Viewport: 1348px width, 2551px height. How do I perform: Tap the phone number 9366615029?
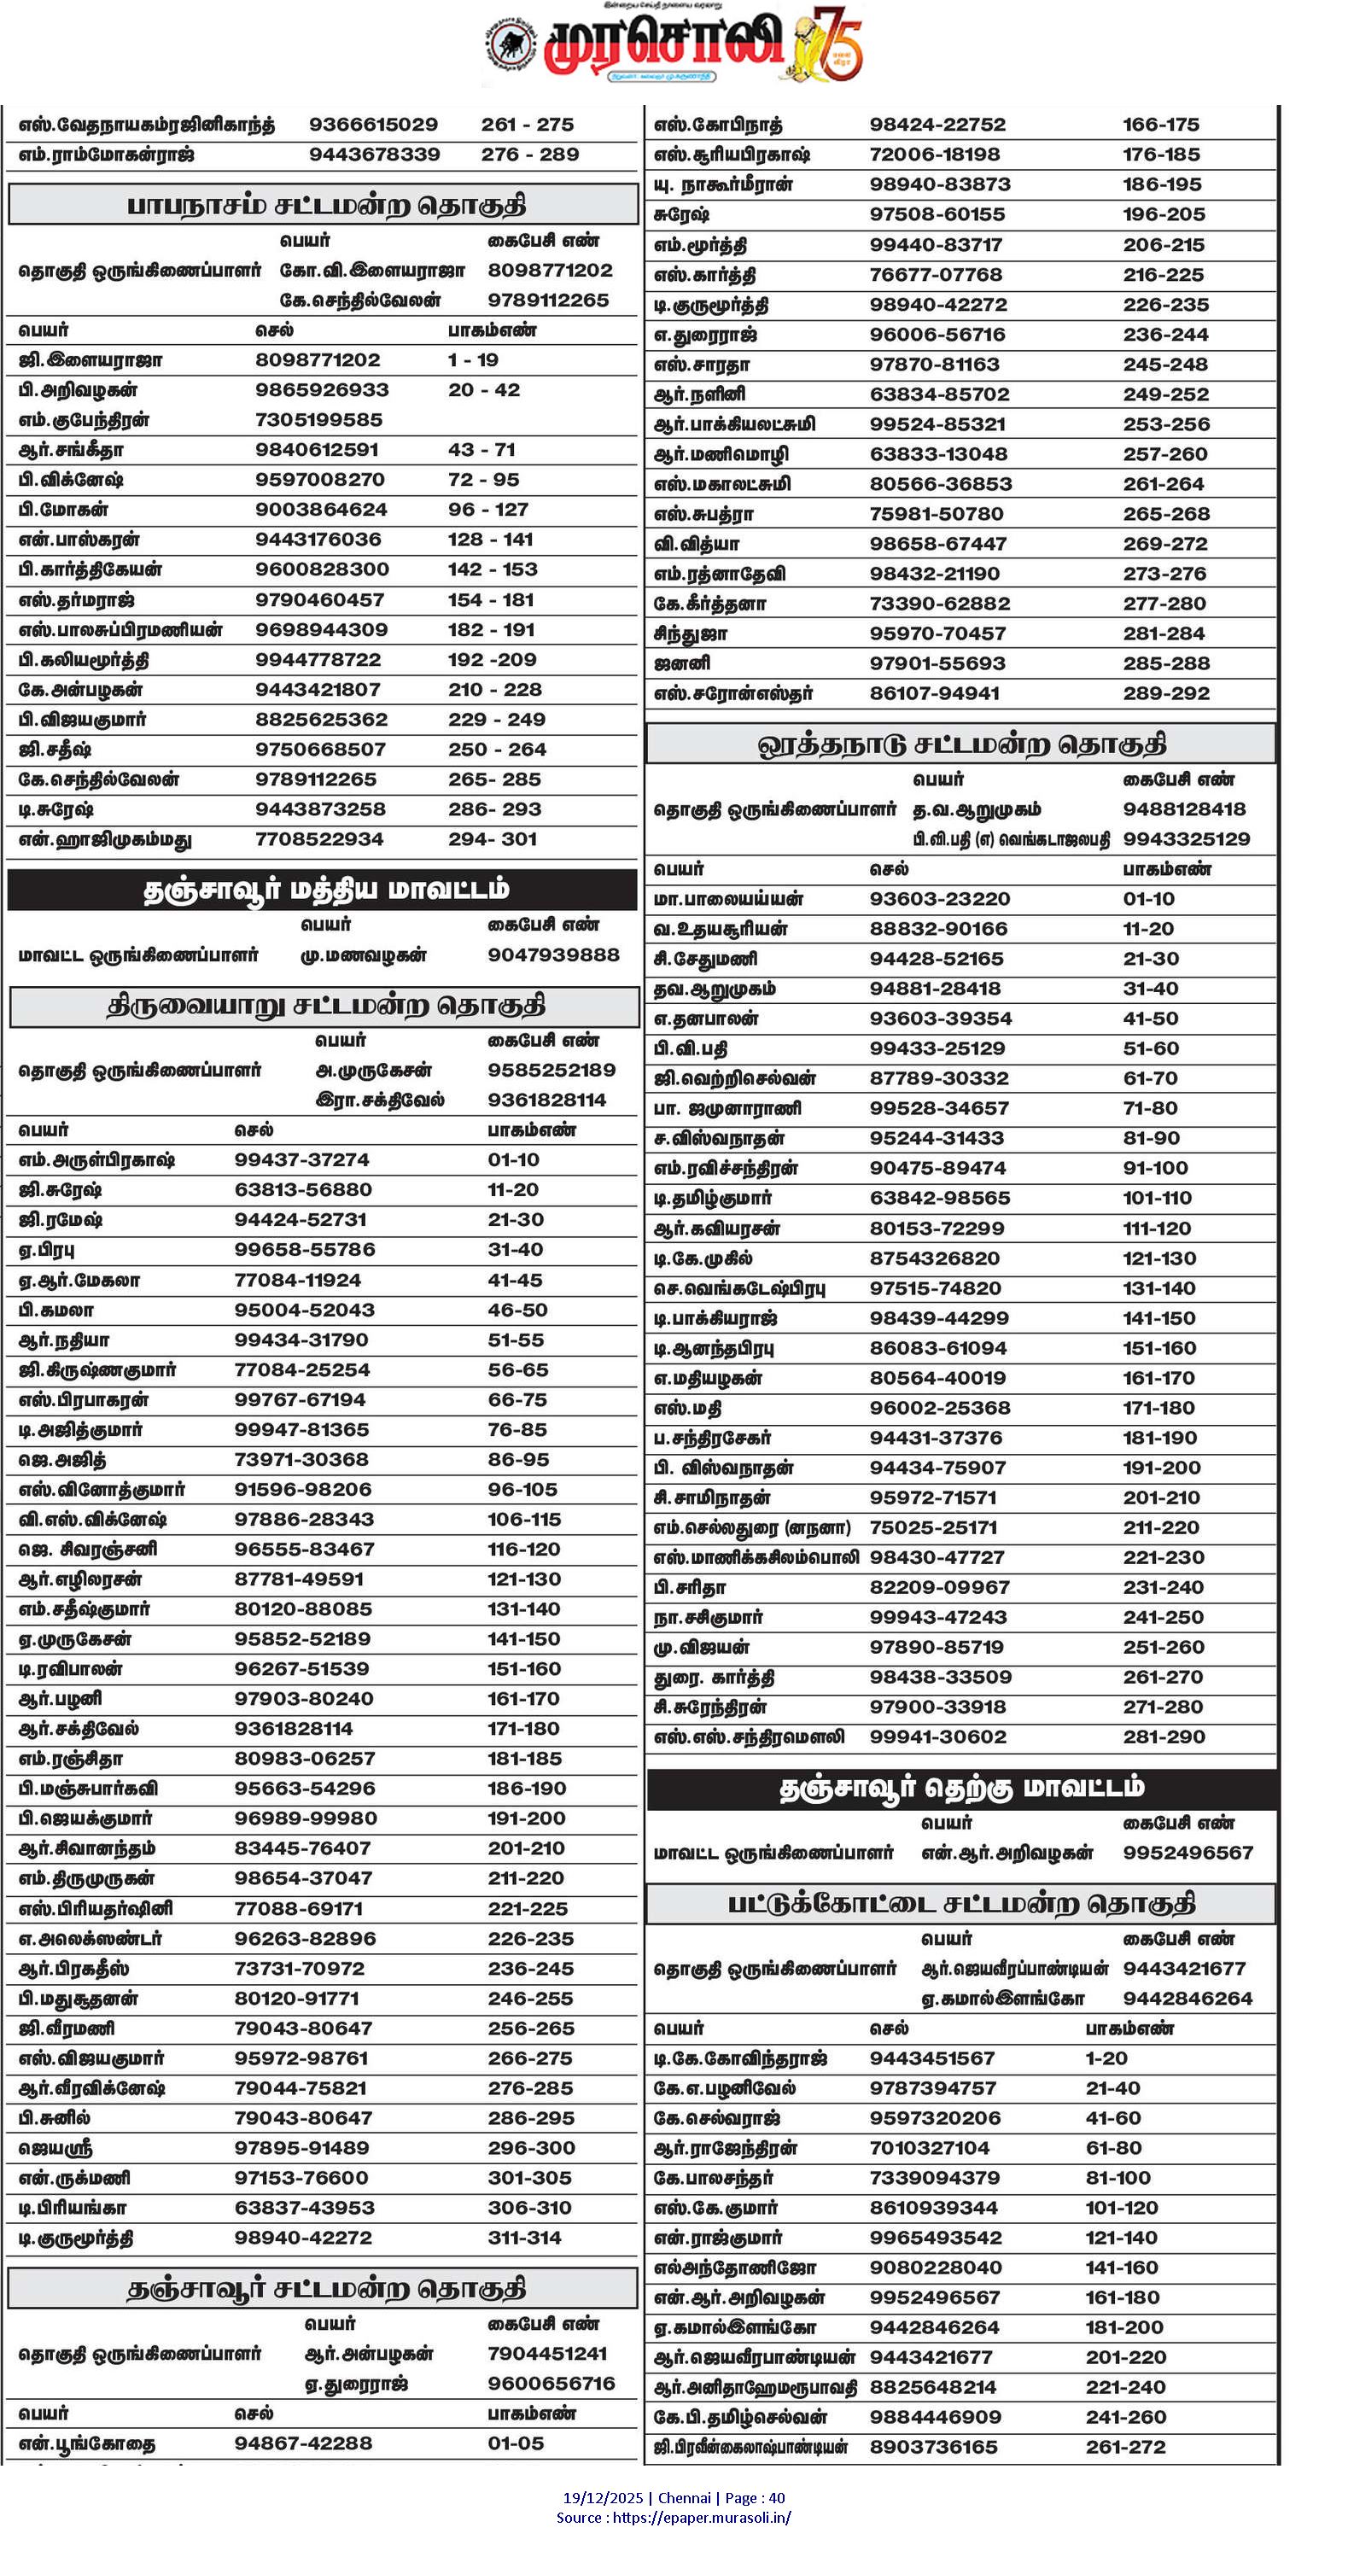pyautogui.click(x=373, y=125)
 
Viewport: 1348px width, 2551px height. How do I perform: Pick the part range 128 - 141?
pyautogui.click(x=490, y=540)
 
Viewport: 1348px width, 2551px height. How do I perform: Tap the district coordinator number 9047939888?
pyautogui.click(x=552, y=954)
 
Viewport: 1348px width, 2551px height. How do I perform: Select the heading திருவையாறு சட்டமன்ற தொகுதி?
pyautogui.click(x=325, y=1006)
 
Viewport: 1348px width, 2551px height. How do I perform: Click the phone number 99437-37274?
pyautogui.click(x=302, y=1159)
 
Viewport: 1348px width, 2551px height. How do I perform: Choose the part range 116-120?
pyautogui.click(x=524, y=1549)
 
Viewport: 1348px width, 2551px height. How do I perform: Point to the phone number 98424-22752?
pyautogui.click(x=937, y=125)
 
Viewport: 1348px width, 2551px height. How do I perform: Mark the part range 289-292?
pyautogui.click(x=1166, y=693)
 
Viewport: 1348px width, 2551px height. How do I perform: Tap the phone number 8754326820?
pyautogui.click(x=934, y=1258)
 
